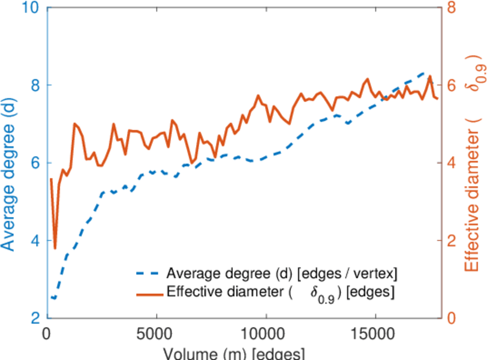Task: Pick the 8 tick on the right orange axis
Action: (450, 8)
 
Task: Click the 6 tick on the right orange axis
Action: (450, 85)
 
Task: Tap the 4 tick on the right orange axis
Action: (450, 163)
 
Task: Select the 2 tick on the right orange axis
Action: (450, 241)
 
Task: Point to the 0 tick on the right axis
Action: (450, 318)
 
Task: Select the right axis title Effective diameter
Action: (473, 162)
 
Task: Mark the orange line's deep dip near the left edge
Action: (55, 248)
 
